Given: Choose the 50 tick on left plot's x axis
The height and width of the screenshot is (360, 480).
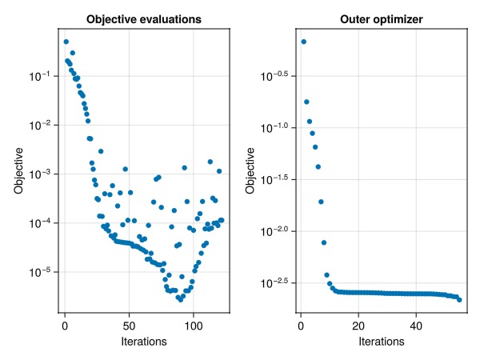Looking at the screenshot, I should point(129,325).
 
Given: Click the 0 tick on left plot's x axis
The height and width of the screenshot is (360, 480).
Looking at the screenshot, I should point(65,325).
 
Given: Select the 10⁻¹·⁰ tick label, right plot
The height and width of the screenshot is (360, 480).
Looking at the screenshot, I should point(275,127).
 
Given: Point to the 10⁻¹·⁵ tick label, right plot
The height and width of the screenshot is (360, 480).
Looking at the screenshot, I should point(275,179).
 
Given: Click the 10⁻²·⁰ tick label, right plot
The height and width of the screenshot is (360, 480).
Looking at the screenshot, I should point(275,230).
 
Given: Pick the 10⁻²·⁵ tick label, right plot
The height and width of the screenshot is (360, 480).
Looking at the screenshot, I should point(275,282).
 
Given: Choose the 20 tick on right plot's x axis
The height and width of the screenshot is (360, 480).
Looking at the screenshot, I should point(358,325).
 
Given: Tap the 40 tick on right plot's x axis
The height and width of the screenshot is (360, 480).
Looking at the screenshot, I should point(416,325).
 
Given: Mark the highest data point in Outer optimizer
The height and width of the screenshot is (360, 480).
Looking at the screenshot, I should point(303,42).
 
